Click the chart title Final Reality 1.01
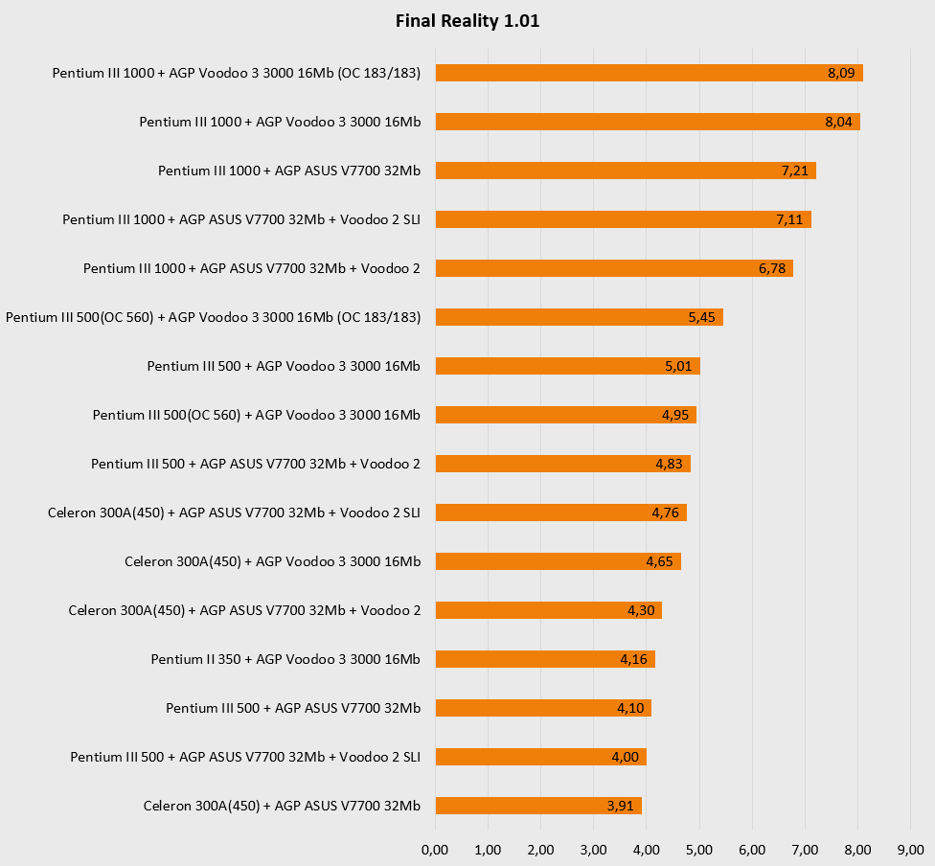click(467, 21)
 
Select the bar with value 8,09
click(649, 73)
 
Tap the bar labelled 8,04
click(648, 122)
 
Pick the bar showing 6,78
click(613, 268)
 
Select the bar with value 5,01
click(567, 366)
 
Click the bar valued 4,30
click(548, 610)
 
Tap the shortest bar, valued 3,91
click(537, 806)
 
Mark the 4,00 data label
click(626, 757)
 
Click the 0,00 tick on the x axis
click(435, 850)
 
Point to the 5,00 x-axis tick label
click(699, 850)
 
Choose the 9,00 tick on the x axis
click(910, 850)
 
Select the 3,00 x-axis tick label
click(594, 850)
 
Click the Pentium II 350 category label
click(285, 659)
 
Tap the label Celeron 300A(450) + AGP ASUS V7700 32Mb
click(282, 806)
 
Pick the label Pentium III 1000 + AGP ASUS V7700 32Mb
click(289, 171)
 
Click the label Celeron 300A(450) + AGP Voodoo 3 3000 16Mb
click(272, 561)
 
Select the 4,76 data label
click(666, 513)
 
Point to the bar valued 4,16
click(544, 659)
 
